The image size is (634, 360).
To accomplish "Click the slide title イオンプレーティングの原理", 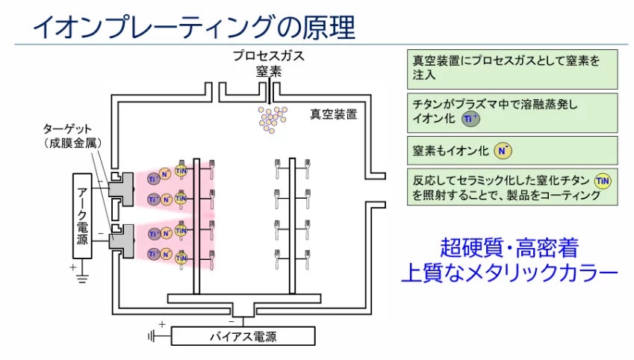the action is pyautogui.click(x=194, y=27).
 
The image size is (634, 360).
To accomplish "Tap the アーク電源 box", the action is pyautogui.click(x=82, y=216).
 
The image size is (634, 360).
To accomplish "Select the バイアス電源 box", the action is pyautogui.click(x=243, y=336).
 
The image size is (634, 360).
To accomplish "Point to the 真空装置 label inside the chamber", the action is pyautogui.click(x=334, y=114).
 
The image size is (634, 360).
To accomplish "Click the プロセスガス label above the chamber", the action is pyautogui.click(x=269, y=56).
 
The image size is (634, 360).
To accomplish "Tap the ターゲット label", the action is pyautogui.click(x=67, y=129).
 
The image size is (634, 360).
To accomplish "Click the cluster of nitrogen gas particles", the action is pyautogui.click(x=273, y=120).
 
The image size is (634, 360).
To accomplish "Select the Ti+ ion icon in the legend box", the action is pyautogui.click(x=470, y=119).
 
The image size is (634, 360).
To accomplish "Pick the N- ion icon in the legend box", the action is pyautogui.click(x=503, y=151).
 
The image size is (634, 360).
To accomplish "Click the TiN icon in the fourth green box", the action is pyautogui.click(x=603, y=181).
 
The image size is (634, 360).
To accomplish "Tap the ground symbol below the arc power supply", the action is pyautogui.click(x=82, y=278).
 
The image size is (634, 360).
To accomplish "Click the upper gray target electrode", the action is pyautogui.click(x=121, y=189).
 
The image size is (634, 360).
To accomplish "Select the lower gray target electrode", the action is pyautogui.click(x=121, y=241).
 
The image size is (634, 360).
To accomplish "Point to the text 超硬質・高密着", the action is pyautogui.click(x=509, y=247).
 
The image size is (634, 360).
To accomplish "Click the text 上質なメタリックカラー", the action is pyautogui.click(x=509, y=273).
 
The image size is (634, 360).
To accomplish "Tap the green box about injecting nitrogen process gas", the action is pyautogui.click(x=512, y=69).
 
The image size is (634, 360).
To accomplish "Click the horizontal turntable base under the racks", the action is pyautogui.click(x=243, y=299).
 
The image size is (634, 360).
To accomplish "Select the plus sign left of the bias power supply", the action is pyautogui.click(x=162, y=324).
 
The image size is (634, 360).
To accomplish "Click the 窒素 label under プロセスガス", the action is pyautogui.click(x=269, y=72).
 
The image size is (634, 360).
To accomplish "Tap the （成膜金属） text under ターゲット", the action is pyautogui.click(x=72, y=143).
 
